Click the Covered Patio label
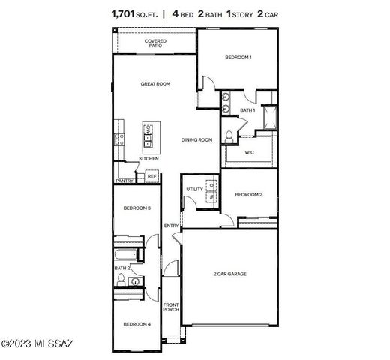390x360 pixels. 155,43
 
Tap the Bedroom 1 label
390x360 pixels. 238,58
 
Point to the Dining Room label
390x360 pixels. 197,139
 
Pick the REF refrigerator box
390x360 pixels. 151,176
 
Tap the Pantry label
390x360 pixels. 124,181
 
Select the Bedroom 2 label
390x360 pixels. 248,195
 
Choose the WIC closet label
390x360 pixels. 250,154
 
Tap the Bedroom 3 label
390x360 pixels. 137,208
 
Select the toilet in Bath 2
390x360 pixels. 121,281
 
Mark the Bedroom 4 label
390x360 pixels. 137,323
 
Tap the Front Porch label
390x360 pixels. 171,307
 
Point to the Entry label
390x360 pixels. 171,226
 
